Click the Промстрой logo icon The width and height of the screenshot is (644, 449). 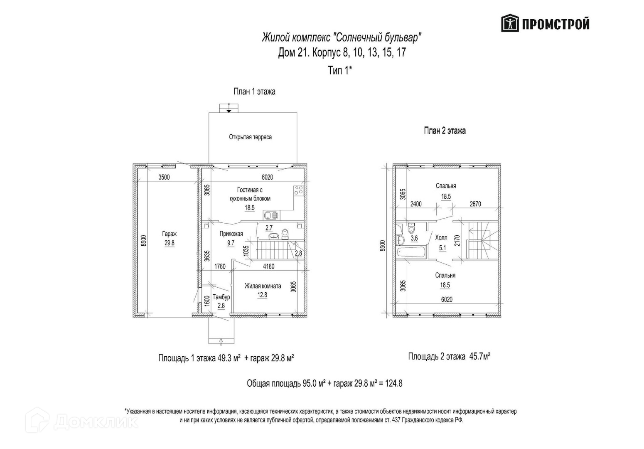point(510,23)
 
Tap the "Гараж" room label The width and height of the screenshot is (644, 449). point(169,234)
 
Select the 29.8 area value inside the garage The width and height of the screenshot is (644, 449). point(169,244)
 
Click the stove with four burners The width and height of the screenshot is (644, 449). point(298,191)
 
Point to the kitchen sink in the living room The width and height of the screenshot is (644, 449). point(270,215)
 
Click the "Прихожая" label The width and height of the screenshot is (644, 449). point(231,234)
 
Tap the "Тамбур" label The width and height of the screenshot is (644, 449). point(221,297)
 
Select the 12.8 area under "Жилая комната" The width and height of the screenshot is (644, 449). point(262,295)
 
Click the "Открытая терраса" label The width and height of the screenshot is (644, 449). point(250,137)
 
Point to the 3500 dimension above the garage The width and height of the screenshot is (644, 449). point(164,177)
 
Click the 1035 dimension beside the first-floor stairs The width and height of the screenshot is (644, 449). point(246,250)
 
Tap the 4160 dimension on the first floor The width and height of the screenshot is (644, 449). point(268,266)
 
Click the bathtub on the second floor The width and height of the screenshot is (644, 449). point(411,252)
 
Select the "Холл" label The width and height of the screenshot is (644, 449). point(441,238)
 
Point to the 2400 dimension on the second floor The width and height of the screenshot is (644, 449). point(416,204)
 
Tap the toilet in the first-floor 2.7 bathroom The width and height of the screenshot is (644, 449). point(285,234)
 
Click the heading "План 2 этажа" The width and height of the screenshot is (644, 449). point(445,131)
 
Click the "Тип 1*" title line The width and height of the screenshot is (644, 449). point(340,70)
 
